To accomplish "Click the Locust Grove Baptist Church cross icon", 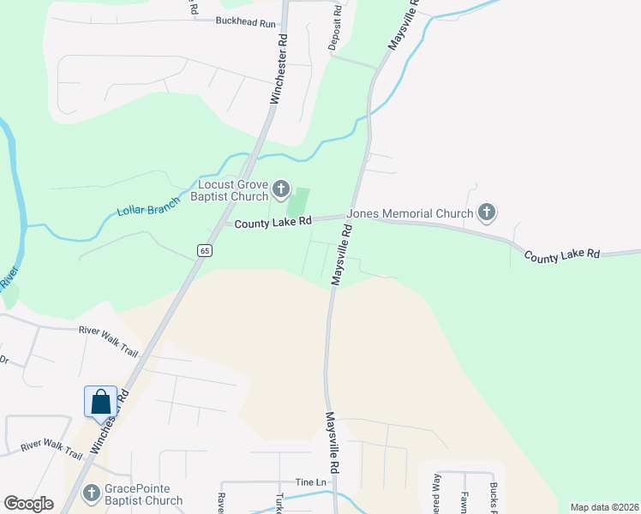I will [282, 188].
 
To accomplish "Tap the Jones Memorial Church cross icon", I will [487, 212].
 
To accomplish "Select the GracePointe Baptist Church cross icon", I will [92, 493].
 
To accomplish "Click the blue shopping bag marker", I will [100, 401].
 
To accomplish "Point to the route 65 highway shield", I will [203, 249].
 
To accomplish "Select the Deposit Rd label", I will [336, 28].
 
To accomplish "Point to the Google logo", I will [28, 504].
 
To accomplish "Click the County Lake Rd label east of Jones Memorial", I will [564, 255].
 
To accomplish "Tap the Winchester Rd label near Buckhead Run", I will [278, 69].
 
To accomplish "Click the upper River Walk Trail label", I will [108, 329].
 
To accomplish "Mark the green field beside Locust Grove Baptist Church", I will [297, 203].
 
